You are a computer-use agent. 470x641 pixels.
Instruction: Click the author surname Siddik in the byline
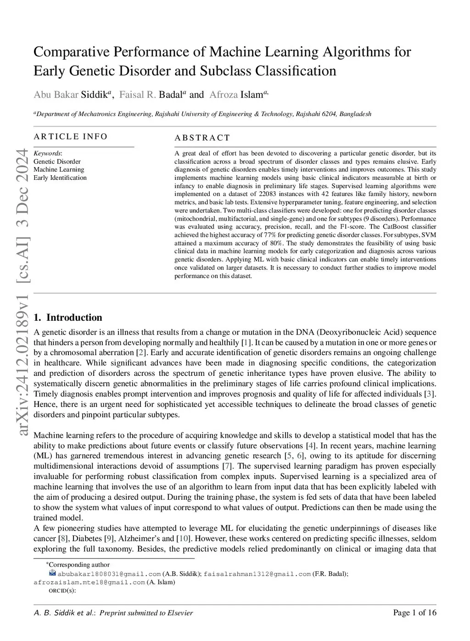(94, 95)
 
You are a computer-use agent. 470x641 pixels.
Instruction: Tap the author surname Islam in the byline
(252, 95)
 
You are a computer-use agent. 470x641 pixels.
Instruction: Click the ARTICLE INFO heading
(70, 137)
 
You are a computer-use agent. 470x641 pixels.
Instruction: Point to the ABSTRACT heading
(202, 138)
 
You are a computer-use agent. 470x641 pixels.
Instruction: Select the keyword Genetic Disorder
(57, 162)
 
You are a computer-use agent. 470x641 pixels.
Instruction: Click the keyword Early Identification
(60, 178)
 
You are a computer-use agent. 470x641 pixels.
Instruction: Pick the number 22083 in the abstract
(267, 194)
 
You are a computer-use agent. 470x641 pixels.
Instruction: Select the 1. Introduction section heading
(68, 318)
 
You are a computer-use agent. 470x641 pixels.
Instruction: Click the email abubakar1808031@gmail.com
(109, 574)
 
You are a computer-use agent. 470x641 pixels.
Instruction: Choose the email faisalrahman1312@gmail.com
(257, 574)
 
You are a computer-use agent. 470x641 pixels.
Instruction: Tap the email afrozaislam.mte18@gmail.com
(89, 582)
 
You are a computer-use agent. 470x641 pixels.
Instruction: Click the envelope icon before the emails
(52, 573)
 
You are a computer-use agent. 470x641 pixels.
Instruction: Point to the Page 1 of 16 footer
(414, 613)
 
